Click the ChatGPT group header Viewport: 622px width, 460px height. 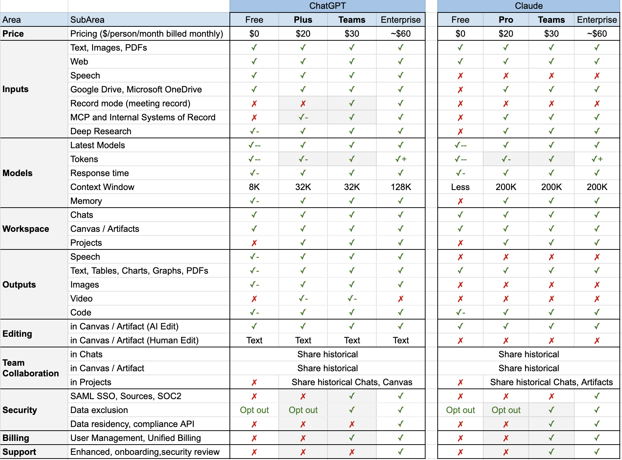point(327,6)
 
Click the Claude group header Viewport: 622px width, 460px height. point(528,6)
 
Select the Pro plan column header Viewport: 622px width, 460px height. point(506,20)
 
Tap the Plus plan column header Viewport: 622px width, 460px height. point(303,20)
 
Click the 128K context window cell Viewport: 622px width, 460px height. point(401,187)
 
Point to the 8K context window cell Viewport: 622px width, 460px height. point(254,187)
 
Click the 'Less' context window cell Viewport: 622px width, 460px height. point(460,187)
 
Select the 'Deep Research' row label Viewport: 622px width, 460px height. point(101,131)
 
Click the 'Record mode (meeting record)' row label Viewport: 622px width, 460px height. point(130,103)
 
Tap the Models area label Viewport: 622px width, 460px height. point(17,173)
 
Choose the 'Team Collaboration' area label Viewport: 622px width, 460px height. point(30,368)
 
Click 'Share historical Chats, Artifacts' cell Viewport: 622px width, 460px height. point(551,382)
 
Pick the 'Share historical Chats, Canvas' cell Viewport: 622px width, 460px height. point(352,382)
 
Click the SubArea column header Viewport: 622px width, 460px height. point(87,20)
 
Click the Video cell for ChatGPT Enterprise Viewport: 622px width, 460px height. point(401,299)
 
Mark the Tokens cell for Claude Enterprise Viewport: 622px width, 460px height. point(597,159)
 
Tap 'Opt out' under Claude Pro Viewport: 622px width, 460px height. point(506,410)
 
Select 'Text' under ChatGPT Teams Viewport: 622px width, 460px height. point(352,340)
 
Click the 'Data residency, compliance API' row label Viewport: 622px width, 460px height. point(132,424)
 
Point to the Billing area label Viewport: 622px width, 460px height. point(16,438)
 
